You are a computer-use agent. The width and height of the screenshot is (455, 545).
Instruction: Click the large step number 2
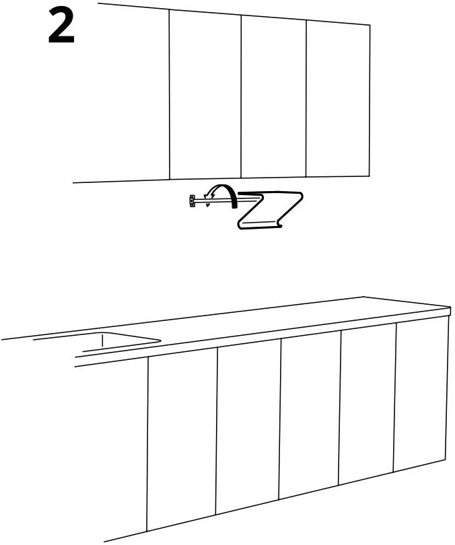61,28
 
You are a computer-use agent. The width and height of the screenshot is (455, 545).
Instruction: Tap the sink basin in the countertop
121,343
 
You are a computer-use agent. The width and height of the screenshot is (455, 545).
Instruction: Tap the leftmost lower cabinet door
182,441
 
